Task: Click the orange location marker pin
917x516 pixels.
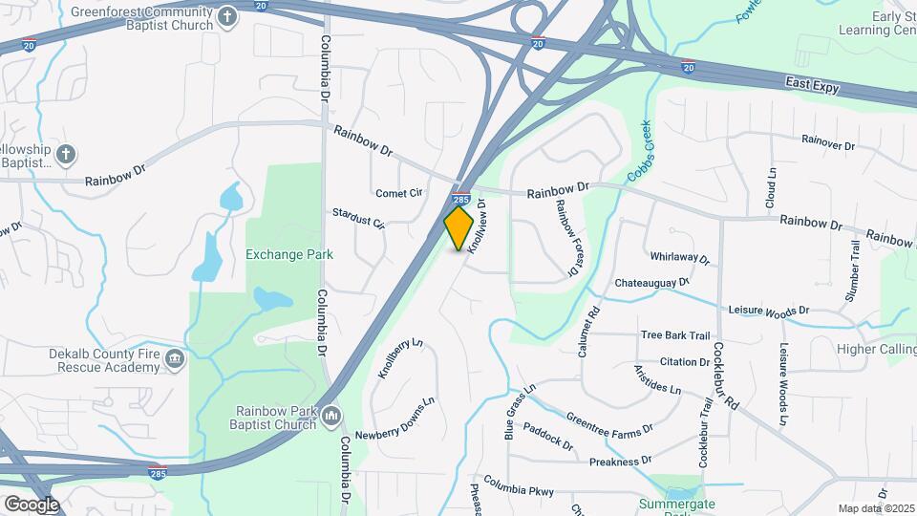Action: (x=459, y=228)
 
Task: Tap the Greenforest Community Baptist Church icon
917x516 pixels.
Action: (x=226, y=16)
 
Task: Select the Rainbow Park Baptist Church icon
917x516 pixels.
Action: (x=331, y=415)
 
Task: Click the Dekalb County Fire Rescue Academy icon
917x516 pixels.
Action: (x=174, y=358)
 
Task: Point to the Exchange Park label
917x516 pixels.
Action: (x=289, y=254)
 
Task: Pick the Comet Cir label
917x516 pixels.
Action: (x=399, y=193)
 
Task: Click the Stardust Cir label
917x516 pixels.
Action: (x=358, y=218)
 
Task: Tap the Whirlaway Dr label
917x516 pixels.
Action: (x=680, y=258)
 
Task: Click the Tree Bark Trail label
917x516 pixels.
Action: (x=675, y=334)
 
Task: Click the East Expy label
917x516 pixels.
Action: (x=812, y=86)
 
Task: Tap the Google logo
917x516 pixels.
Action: (x=31, y=504)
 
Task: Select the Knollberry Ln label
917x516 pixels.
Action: (x=399, y=358)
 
